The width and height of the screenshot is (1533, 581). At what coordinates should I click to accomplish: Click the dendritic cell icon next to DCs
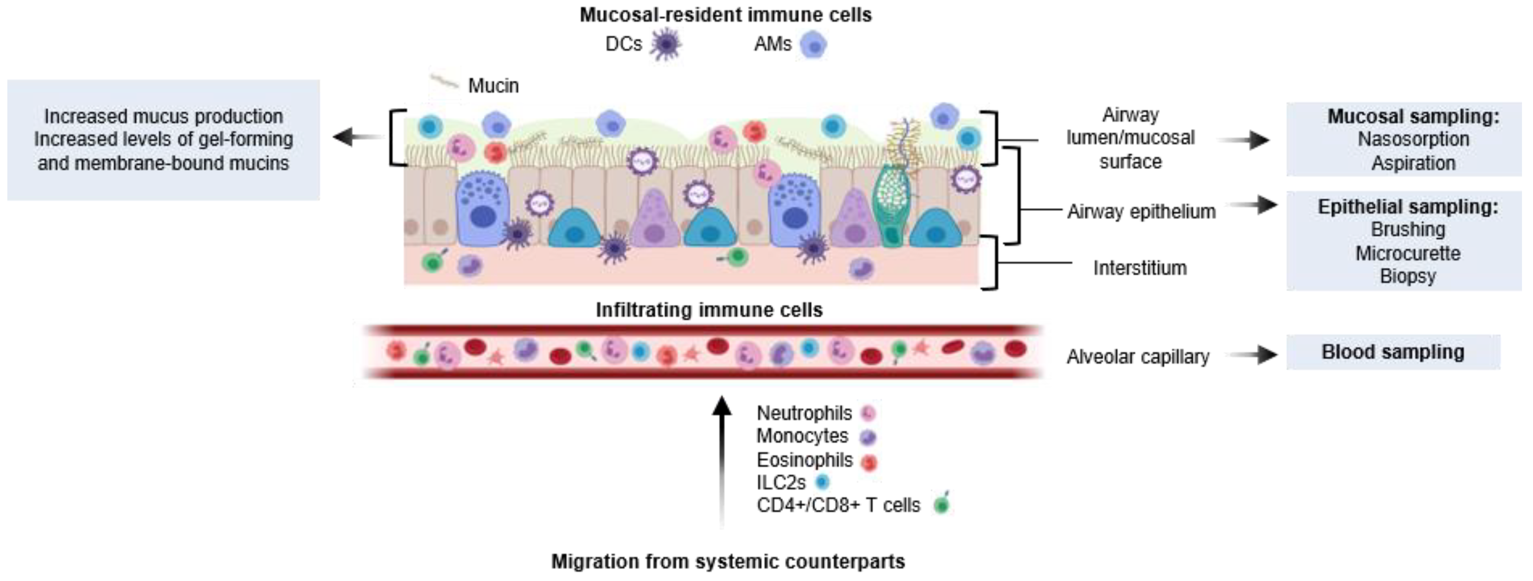click(665, 44)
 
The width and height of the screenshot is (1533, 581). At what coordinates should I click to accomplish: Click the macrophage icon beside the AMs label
click(813, 44)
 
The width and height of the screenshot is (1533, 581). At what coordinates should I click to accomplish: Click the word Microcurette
click(1407, 253)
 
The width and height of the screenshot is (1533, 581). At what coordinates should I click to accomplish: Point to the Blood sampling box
click(1393, 352)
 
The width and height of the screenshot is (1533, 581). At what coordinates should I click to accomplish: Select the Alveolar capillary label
click(1137, 357)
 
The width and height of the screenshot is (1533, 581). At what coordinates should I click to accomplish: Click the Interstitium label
click(1139, 268)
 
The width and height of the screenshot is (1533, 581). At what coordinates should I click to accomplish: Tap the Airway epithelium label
click(1141, 212)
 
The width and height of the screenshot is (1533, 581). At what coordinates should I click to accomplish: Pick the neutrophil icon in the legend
click(868, 413)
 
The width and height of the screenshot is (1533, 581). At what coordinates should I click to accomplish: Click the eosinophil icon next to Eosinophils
click(869, 462)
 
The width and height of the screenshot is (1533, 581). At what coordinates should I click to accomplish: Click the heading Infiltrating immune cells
click(709, 310)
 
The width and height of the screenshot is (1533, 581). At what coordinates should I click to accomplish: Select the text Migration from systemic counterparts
click(728, 561)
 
